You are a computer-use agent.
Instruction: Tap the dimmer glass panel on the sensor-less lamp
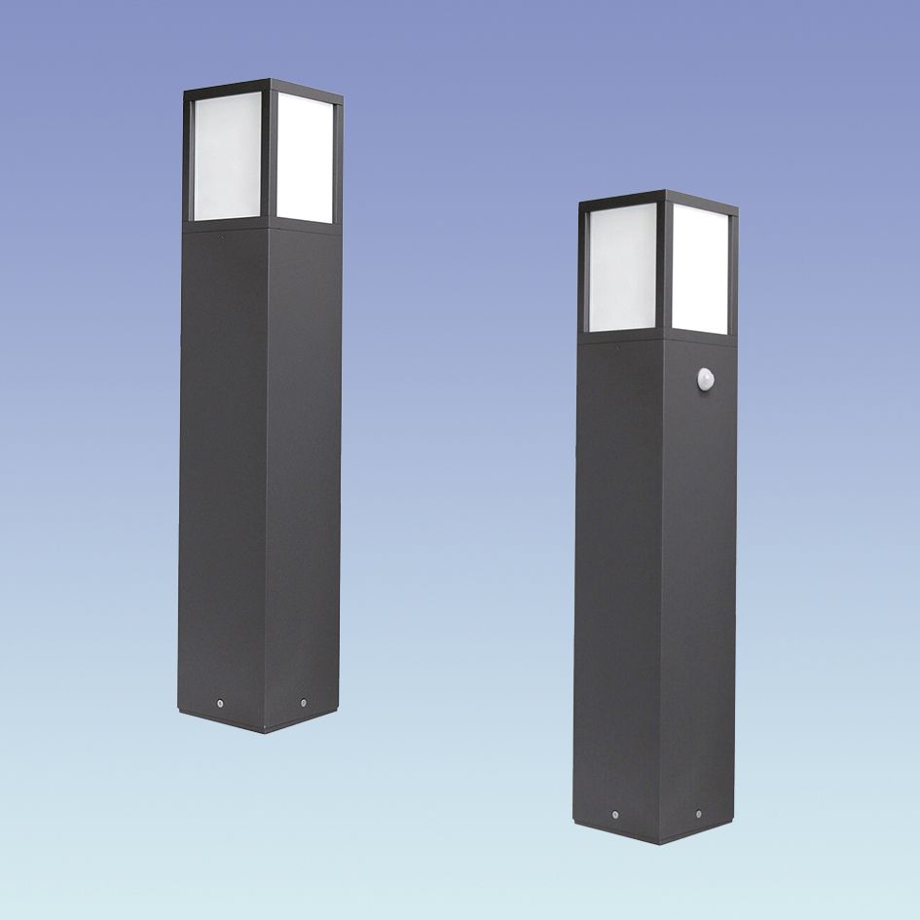227,157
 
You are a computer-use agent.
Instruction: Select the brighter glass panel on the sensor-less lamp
305,159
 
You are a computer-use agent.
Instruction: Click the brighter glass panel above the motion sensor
700,270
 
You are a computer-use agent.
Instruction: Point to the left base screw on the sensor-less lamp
221,701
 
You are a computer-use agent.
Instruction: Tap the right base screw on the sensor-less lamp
304,701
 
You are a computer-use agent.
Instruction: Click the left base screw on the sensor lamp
615,813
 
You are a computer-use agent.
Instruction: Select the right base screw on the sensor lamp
698,813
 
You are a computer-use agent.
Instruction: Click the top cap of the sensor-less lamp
263,87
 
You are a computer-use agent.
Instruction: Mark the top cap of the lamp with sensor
658,198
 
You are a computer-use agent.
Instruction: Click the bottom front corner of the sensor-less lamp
264,730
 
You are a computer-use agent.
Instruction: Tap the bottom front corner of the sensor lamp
659,842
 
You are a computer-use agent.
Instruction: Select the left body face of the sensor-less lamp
222,467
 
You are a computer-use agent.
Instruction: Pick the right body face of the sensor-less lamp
304,467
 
